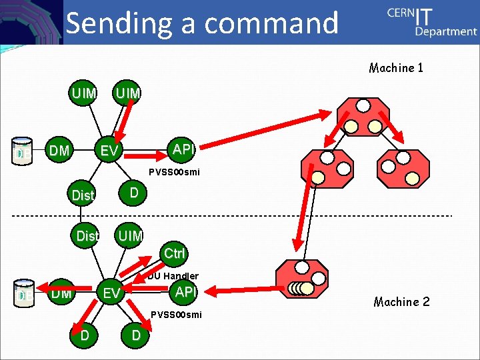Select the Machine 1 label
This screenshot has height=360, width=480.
[x=396, y=68]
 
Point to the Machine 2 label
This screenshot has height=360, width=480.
[x=401, y=302]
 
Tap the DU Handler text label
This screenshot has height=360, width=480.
[x=173, y=275]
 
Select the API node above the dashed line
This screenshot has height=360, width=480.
[x=182, y=149]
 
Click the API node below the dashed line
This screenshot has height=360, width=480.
[x=185, y=291]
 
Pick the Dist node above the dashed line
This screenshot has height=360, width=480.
[x=83, y=195]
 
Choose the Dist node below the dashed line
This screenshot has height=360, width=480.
[x=87, y=236]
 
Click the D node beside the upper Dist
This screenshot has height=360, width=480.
[x=134, y=193]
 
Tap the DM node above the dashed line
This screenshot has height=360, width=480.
[x=59, y=151]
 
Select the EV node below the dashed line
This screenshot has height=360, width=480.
[x=111, y=293]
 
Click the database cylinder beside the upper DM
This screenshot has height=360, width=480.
[x=23, y=151]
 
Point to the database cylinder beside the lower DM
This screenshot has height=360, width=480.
[x=23, y=293]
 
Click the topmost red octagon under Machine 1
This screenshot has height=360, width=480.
[x=363, y=116]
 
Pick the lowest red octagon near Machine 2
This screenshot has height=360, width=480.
[x=303, y=280]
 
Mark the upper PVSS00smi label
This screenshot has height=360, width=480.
[x=174, y=171]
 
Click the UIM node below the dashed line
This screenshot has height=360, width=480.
[x=130, y=235]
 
